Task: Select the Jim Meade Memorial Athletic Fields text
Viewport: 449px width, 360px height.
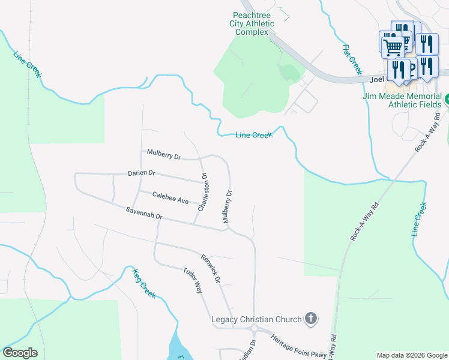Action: click(x=402, y=100)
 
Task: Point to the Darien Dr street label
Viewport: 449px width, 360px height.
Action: click(x=142, y=173)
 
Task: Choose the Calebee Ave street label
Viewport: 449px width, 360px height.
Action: click(x=170, y=197)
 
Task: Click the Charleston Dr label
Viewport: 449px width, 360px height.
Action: click(x=203, y=192)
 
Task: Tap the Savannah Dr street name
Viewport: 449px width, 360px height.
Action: click(x=145, y=212)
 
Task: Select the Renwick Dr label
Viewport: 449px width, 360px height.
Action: click(x=211, y=268)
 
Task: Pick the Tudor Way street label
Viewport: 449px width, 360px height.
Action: click(x=193, y=280)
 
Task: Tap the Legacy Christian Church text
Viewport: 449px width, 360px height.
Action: click(x=256, y=319)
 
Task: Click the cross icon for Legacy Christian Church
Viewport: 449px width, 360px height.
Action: click(x=310, y=317)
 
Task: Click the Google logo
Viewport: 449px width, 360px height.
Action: click(x=20, y=353)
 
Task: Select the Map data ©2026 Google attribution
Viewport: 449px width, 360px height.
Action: click(x=411, y=355)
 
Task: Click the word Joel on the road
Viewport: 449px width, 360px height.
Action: click(x=376, y=78)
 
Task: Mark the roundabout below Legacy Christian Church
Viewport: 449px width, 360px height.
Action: click(x=255, y=329)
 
